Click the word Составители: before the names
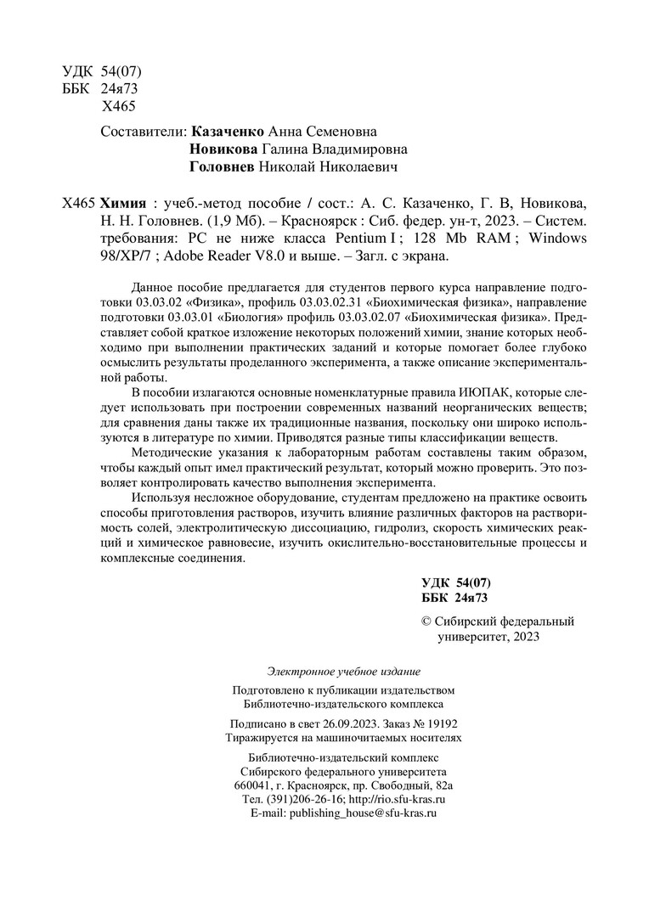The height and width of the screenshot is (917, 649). [144, 132]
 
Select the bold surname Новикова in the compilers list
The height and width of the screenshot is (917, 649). [223, 149]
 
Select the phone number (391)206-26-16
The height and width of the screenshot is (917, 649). [306, 799]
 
